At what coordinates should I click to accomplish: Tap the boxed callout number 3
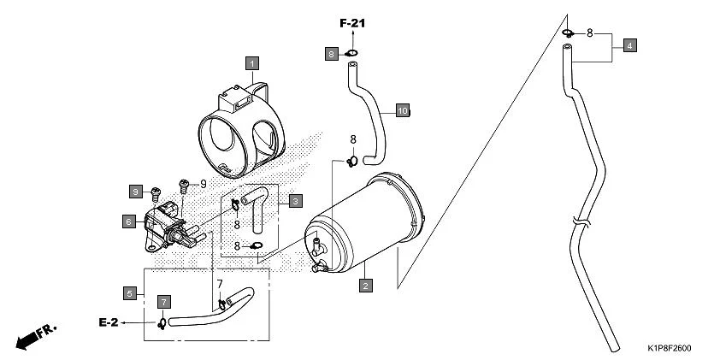pyautogui.click(x=294, y=201)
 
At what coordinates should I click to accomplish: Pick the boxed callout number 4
pyautogui.click(x=629, y=45)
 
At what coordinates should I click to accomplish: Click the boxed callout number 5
pyautogui.click(x=130, y=293)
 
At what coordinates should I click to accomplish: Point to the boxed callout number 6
pyautogui.click(x=129, y=221)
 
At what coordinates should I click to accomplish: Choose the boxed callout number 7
pyautogui.click(x=163, y=302)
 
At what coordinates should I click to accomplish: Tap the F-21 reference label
pyautogui.click(x=351, y=23)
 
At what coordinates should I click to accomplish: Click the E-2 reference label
pyautogui.click(x=108, y=322)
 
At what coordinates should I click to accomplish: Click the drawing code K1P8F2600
pyautogui.click(x=670, y=349)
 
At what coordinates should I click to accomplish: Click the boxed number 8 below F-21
pyautogui.click(x=332, y=54)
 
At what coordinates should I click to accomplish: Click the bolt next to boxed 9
pyautogui.click(x=155, y=192)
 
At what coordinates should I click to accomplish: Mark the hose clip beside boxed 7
pyautogui.click(x=161, y=322)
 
